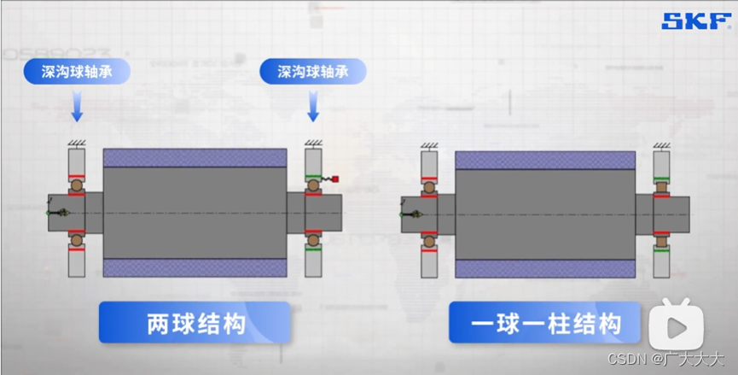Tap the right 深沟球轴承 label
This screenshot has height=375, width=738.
[x=313, y=71]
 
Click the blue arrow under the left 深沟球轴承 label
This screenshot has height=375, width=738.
[x=76, y=108]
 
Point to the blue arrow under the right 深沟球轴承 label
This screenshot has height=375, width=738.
[x=313, y=108]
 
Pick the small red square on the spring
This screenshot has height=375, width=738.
[x=340, y=179]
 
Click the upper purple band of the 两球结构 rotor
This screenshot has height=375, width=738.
[x=195, y=158]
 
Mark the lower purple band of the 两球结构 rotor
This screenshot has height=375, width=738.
[x=195, y=267]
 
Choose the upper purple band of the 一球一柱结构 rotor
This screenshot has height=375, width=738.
[x=545, y=160]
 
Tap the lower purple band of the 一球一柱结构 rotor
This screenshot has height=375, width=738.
[x=545, y=269]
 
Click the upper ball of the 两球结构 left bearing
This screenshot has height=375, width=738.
[x=76, y=185]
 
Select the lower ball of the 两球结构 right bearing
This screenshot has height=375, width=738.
[x=313, y=241]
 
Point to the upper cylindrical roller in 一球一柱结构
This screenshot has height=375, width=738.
[x=661, y=185]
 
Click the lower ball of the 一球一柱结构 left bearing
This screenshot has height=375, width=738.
[x=428, y=243]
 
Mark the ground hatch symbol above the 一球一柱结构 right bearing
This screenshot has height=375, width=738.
[x=662, y=143]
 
